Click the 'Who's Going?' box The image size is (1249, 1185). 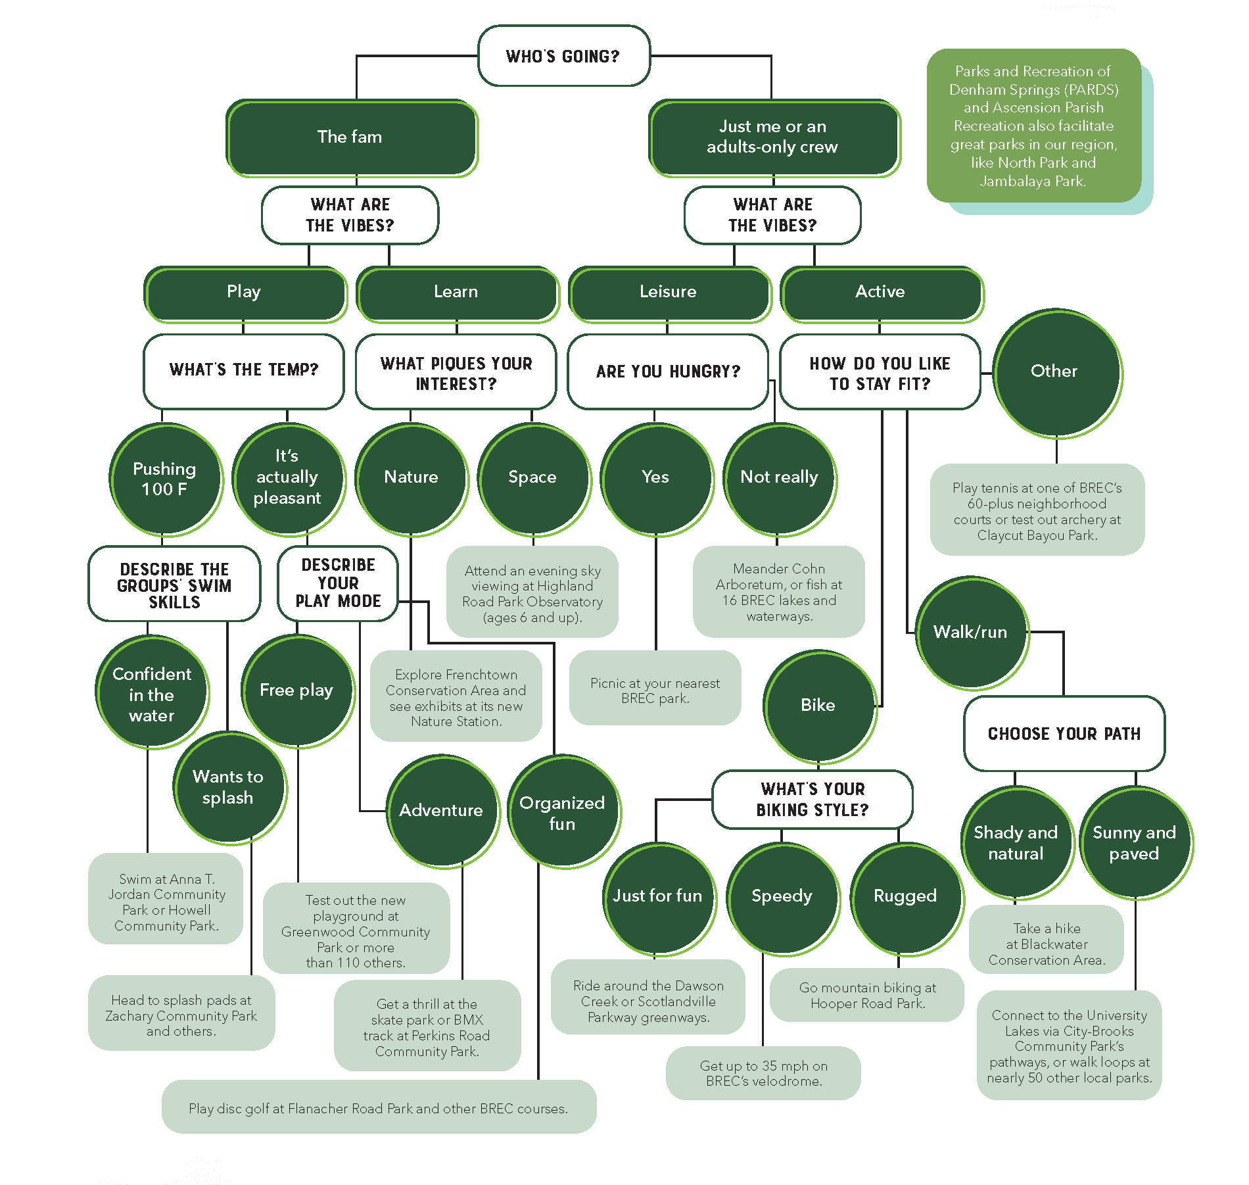click(563, 56)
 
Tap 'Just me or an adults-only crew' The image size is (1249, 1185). click(772, 137)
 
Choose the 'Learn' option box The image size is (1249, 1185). click(456, 293)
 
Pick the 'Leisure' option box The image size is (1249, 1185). click(669, 293)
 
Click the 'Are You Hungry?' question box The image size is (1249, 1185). click(667, 372)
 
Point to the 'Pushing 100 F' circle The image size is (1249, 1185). click(164, 479)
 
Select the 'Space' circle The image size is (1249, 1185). click(532, 478)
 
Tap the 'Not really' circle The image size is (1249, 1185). click(779, 478)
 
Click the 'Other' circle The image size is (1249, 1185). click(1055, 372)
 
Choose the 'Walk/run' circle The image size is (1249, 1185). click(970, 633)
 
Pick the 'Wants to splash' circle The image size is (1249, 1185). click(228, 787)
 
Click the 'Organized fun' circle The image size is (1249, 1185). click(563, 812)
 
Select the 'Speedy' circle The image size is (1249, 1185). click(782, 897)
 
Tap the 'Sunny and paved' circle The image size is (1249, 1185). click(1135, 843)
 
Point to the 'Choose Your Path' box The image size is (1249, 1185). click(1064, 734)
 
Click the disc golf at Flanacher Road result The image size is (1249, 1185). click(379, 1109)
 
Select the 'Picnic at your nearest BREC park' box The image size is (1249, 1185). click(655, 690)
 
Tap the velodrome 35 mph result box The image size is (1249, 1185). click(763, 1073)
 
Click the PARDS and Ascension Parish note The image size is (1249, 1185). click(1033, 126)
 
